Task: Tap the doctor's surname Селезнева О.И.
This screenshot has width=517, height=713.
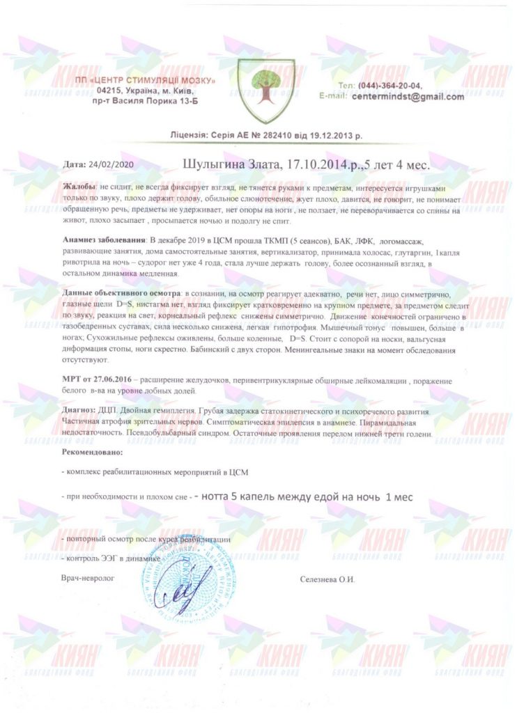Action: [327, 579]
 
